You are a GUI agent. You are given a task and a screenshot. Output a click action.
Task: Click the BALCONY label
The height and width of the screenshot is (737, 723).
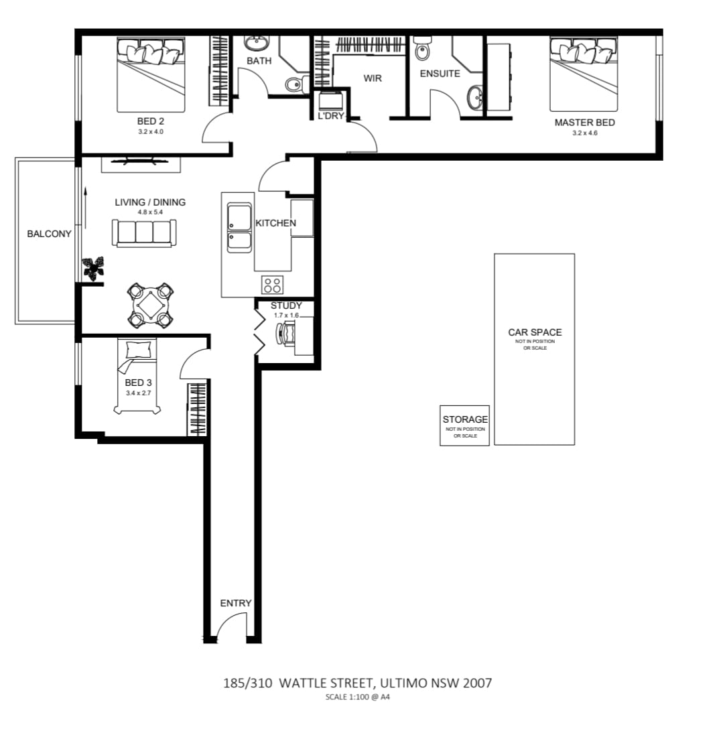(49, 234)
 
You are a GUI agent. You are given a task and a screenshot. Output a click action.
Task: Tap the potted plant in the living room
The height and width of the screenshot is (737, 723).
(94, 268)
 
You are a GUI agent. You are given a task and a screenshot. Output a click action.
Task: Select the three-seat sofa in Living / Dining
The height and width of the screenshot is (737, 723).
(144, 233)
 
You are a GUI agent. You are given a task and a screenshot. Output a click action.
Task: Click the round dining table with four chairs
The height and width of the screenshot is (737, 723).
(150, 306)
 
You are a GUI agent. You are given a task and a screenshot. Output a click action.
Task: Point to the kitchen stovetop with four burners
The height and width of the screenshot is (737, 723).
(272, 285)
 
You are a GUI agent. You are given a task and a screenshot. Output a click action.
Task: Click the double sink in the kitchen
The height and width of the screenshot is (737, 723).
(240, 228)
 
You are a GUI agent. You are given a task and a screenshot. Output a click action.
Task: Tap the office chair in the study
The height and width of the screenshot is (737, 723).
(287, 333)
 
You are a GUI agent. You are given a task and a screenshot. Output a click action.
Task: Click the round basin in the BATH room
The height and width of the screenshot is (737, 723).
(256, 42)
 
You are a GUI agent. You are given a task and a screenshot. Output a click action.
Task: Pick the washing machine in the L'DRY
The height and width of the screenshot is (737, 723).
(331, 101)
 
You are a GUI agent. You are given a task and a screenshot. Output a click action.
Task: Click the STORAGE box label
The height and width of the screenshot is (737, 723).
(465, 419)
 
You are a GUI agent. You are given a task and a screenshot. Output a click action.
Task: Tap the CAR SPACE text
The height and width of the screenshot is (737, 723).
(535, 332)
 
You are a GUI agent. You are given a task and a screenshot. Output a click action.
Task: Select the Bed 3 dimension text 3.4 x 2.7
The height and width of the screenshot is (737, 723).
(138, 393)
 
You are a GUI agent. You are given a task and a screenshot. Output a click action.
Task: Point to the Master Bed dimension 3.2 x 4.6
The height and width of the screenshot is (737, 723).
(585, 133)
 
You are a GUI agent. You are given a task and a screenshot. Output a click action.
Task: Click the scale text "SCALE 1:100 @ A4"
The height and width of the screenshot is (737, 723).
(358, 697)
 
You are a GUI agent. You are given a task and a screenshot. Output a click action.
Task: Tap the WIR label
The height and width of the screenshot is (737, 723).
(373, 78)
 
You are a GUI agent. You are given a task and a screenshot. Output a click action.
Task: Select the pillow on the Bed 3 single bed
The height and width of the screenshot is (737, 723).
(139, 349)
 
